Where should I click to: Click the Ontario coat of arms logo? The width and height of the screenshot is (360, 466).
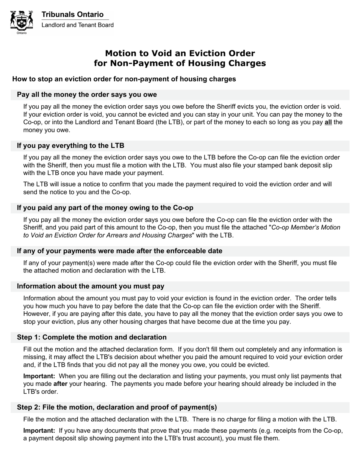[22, 22]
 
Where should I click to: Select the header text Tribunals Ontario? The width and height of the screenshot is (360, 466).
[72, 14]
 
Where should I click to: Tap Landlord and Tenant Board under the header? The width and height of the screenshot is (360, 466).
[77, 25]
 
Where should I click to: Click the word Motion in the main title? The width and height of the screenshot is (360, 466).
[121, 53]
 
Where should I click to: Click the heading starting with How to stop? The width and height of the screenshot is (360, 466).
[124, 79]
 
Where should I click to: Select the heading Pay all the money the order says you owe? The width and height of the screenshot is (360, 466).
[87, 94]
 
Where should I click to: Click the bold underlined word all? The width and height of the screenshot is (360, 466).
[328, 122]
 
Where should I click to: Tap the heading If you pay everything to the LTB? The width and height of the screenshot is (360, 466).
[70, 145]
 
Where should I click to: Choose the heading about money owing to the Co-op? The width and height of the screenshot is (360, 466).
[105, 208]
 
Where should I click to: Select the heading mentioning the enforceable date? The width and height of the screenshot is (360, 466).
[119, 251]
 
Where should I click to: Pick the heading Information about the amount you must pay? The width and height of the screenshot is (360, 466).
[91, 286]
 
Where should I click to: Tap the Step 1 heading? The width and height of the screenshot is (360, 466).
[92, 337]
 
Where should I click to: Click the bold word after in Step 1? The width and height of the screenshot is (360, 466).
[60, 384]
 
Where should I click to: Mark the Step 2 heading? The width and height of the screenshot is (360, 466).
[117, 407]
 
